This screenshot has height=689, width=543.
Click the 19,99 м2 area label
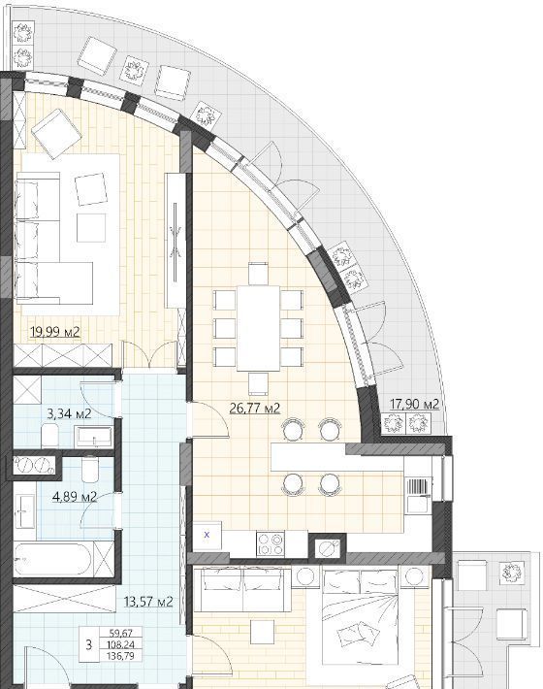[x=55, y=331]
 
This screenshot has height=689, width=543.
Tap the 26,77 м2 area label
[x=255, y=409]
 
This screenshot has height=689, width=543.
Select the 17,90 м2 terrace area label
[x=414, y=404]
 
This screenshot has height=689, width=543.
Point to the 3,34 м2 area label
[x=69, y=413]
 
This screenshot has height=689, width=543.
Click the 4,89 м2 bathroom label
[x=75, y=497]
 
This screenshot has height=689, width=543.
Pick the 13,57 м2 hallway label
[x=148, y=601]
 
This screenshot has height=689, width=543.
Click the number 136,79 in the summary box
[x=120, y=656]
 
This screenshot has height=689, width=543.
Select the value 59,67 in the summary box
[x=120, y=633]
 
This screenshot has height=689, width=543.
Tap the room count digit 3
[x=89, y=644]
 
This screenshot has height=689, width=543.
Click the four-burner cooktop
[x=271, y=544]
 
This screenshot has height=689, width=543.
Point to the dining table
[x=259, y=328]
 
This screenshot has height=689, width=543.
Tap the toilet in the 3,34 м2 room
[x=49, y=435]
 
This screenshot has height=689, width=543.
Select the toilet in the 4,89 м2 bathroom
[x=91, y=470]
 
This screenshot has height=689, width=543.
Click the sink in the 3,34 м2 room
[x=94, y=438]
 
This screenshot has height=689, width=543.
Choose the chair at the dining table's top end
[x=258, y=274]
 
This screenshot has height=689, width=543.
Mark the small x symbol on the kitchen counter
[x=208, y=535]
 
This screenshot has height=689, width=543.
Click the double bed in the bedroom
[x=361, y=615]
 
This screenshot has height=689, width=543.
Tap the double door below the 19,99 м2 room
[x=149, y=355]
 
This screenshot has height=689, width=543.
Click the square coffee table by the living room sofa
[x=91, y=228]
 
